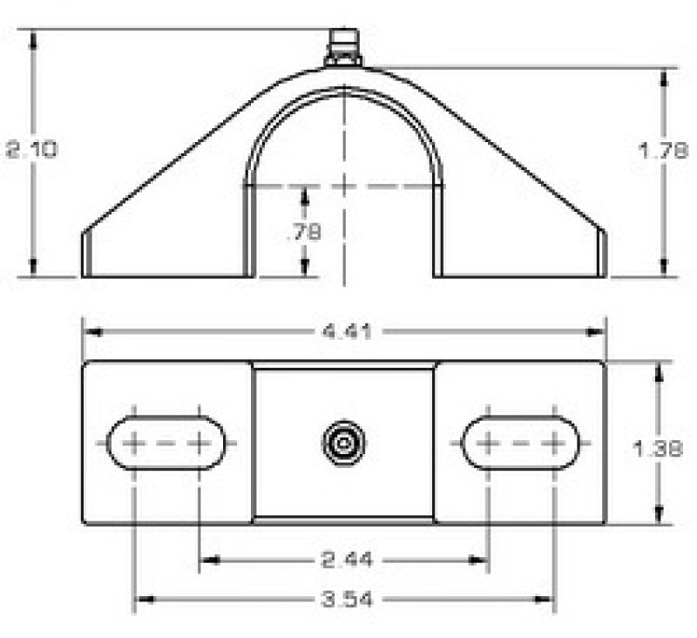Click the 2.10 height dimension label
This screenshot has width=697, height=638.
click(x=32, y=149)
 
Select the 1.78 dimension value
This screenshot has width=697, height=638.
click(x=664, y=149)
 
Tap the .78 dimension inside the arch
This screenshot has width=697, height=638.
click(x=303, y=232)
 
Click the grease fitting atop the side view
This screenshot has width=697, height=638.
click(x=343, y=47)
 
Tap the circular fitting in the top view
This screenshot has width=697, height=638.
click(x=343, y=443)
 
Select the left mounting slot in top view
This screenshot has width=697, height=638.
click(x=166, y=443)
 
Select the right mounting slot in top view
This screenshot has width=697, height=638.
click(x=520, y=443)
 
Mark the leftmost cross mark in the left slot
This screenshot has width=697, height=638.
click(x=133, y=443)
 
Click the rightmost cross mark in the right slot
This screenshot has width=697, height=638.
click(x=553, y=443)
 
